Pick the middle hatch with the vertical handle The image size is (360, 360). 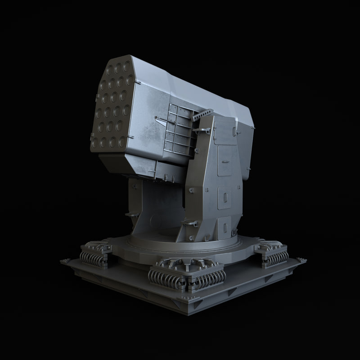224,196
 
